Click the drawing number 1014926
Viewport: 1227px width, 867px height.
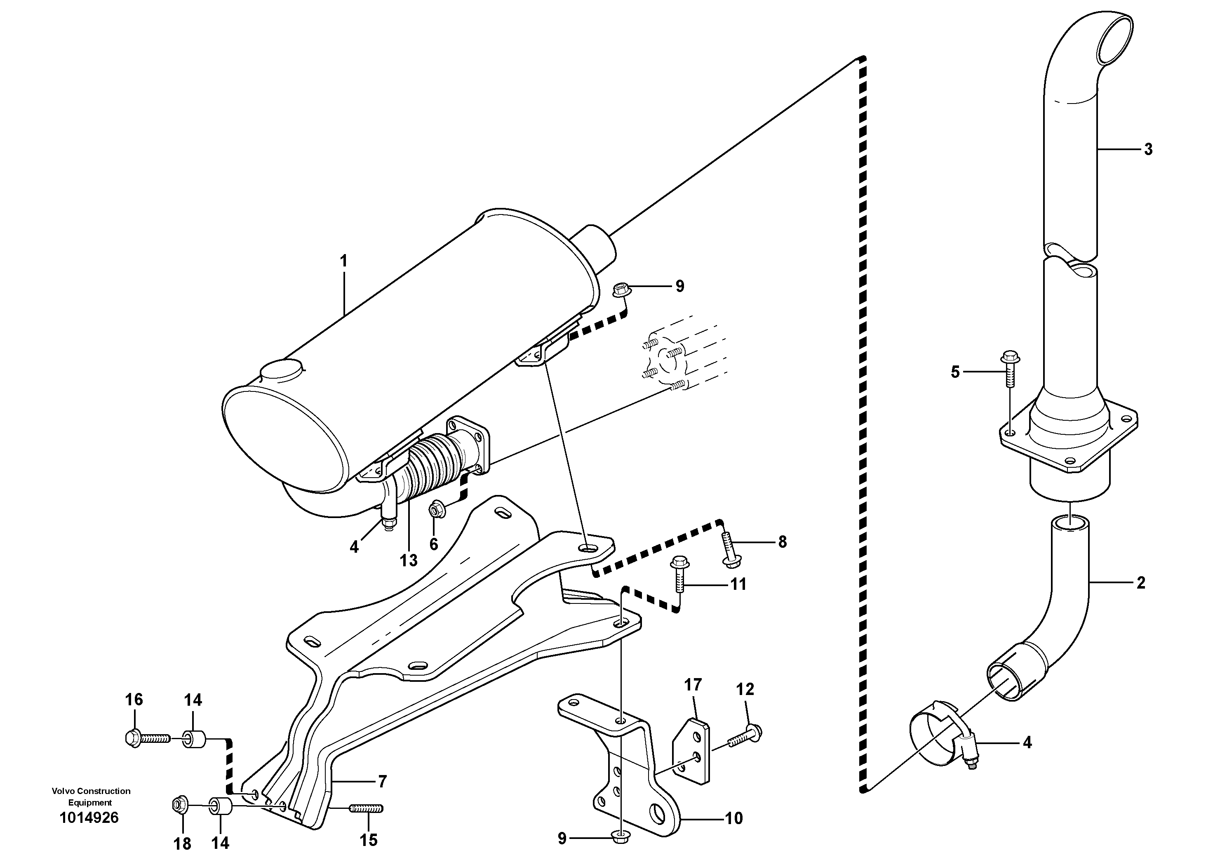pyautogui.click(x=89, y=818)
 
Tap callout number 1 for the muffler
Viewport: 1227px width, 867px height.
pyautogui.click(x=343, y=261)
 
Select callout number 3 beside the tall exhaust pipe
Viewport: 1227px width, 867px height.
pyautogui.click(x=1148, y=150)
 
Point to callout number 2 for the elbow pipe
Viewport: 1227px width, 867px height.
pyautogui.click(x=1140, y=583)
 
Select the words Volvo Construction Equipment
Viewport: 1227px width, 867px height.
pyautogui.click(x=91, y=796)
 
